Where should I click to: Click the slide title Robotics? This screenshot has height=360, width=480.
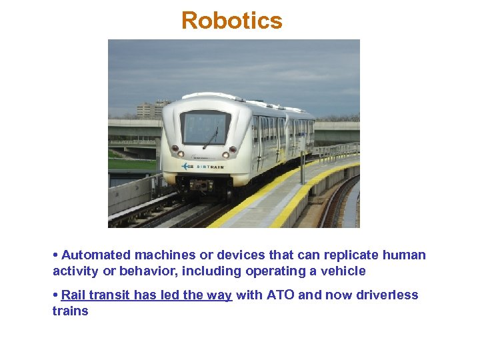coord(232,21)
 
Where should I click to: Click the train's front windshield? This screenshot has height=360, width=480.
coord(205,127)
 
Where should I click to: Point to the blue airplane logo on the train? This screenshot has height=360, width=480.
coord(187,167)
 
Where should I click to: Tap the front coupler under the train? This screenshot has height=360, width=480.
coord(200,185)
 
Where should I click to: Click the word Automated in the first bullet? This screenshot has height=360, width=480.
coord(95,255)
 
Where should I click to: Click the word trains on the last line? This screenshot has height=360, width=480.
coord(70,311)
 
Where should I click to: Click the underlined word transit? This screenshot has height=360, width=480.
coord(111,295)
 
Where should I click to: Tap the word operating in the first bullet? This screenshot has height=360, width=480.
coord(272,271)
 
